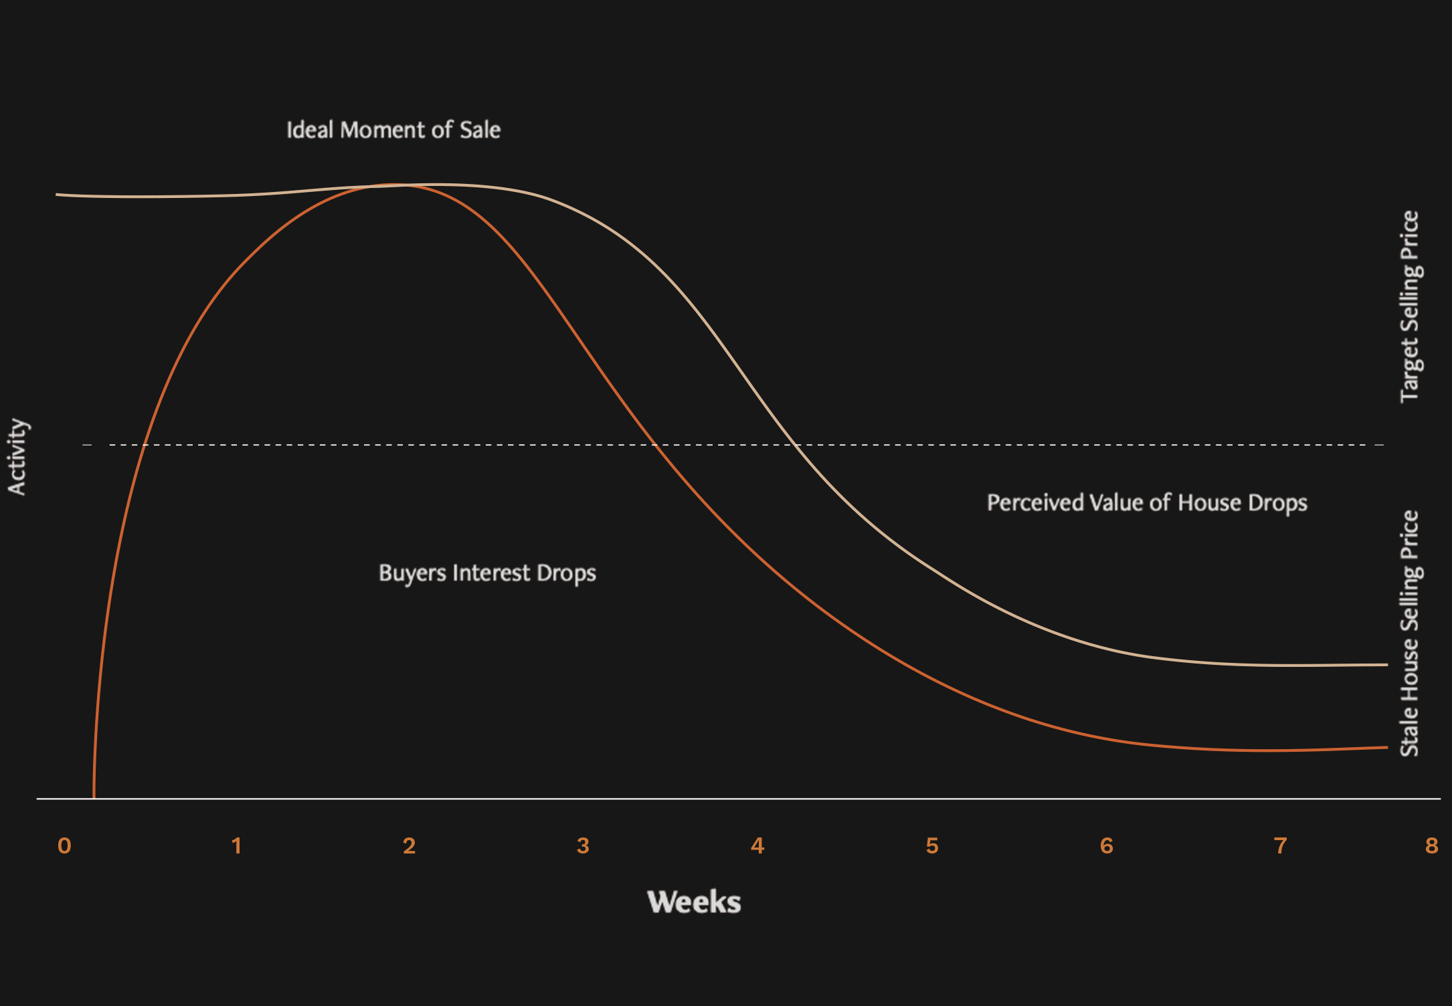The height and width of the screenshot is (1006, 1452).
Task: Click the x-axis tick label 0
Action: pos(64,846)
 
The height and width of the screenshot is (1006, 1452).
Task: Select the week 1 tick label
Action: pos(236,846)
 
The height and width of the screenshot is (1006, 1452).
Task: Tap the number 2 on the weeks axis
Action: pos(410,846)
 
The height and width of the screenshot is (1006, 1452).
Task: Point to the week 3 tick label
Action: pos(583,846)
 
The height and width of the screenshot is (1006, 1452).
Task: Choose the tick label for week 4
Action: pos(757,846)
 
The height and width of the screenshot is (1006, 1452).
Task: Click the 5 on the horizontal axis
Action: pos(932,846)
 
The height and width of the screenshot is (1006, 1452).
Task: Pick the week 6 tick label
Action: pos(1107,846)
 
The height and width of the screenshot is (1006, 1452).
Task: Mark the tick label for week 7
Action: pos(1280,846)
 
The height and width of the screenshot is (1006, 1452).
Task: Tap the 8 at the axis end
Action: pos(1431,846)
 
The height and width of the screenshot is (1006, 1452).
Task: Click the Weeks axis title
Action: pos(694,902)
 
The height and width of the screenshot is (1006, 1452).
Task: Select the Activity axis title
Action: pos(17,457)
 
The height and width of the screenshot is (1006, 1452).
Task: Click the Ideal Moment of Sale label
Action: pos(393,130)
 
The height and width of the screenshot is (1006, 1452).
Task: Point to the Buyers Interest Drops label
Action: pos(487,573)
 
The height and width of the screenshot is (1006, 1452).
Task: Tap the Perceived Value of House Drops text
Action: pos(1147,503)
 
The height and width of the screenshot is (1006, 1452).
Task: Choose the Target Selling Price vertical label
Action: pos(1409,306)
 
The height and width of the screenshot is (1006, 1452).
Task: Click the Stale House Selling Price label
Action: pos(1409,633)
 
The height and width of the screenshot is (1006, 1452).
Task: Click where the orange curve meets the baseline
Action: pos(94,798)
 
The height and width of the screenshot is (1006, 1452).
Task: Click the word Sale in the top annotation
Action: pos(480,130)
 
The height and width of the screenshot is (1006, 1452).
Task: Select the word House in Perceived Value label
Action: pos(1207,503)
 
